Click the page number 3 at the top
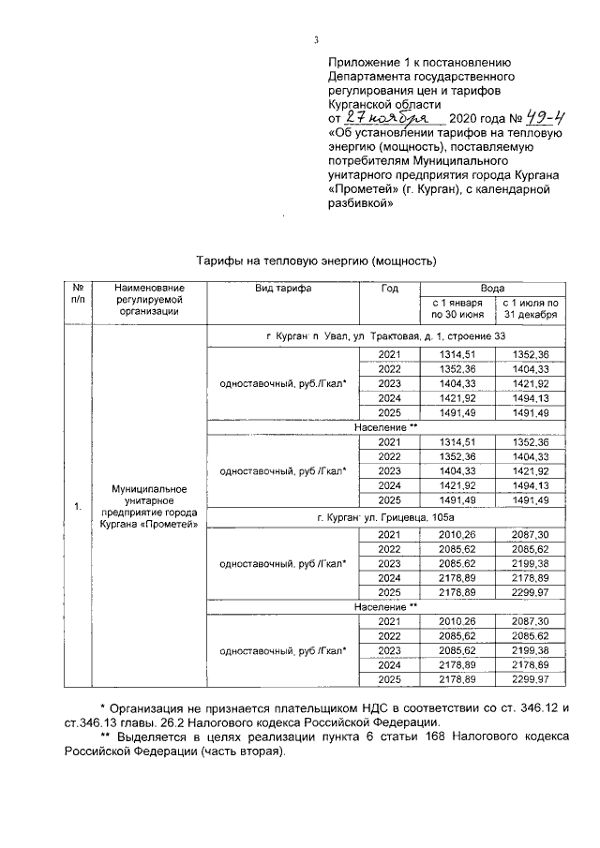(316, 38)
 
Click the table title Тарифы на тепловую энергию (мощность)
(317, 259)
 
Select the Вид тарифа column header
(283, 289)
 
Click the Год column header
(389, 289)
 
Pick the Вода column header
(493, 289)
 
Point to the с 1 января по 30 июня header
(457, 309)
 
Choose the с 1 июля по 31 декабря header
(530, 309)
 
